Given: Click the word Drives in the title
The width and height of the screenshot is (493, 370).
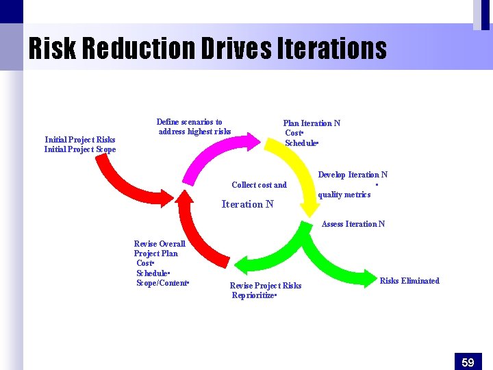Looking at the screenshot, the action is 238,49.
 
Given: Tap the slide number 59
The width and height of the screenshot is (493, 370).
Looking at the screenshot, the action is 468,362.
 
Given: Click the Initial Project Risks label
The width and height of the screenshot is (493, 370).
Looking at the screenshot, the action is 79,140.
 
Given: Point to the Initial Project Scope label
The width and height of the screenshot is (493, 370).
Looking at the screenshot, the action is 79,149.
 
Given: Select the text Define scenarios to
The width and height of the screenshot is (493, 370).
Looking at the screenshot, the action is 189,122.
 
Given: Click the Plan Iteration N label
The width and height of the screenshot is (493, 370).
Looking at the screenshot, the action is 312,123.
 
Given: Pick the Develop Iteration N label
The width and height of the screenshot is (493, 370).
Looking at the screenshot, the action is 353,175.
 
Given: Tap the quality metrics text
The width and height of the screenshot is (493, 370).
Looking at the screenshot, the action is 344,195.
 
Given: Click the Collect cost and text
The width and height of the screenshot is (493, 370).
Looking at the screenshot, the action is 259,185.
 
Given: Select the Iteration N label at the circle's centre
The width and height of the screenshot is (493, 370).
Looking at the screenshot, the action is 247,204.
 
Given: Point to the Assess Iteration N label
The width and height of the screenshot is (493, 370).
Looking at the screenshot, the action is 353,224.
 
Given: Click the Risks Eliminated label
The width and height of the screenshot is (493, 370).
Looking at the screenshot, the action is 409,281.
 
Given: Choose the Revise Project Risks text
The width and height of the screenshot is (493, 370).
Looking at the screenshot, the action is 265,286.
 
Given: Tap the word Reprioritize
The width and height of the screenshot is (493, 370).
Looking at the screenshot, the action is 253,295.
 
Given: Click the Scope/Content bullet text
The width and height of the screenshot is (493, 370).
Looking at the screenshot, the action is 162,283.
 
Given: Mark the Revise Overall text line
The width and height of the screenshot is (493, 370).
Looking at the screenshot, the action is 160,244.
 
